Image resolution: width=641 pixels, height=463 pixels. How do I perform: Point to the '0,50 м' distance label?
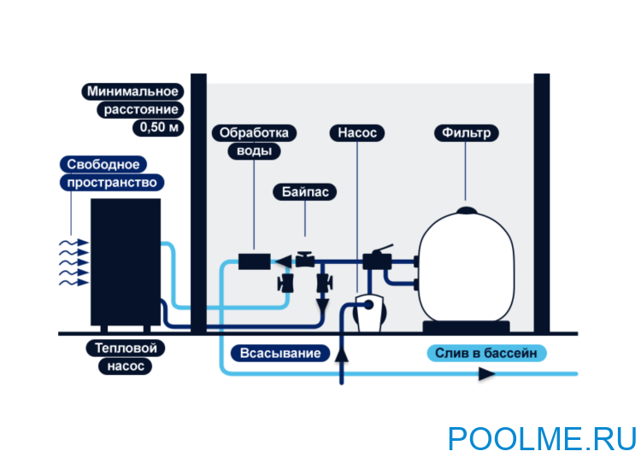(x=156, y=128)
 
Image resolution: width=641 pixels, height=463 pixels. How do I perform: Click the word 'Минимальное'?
(x=132, y=91)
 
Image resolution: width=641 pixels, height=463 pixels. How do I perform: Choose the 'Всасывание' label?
(x=280, y=353)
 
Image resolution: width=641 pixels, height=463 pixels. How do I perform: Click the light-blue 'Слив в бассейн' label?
(x=485, y=353)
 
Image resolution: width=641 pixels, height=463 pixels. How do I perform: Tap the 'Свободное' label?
(x=100, y=163)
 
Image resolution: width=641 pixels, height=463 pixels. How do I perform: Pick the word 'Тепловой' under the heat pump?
(x=126, y=349)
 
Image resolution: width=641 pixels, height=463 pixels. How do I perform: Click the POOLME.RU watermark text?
(x=542, y=438)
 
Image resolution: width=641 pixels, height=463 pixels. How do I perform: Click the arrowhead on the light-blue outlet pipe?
(x=486, y=373)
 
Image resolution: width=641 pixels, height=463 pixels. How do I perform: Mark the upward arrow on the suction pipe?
(x=343, y=352)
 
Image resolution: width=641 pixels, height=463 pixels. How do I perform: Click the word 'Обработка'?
(x=255, y=133)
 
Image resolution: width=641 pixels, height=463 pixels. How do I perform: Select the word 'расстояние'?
(x=141, y=109)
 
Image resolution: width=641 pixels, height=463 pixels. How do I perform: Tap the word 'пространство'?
(x=112, y=182)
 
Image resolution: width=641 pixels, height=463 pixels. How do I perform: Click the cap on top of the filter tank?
(x=466, y=210)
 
